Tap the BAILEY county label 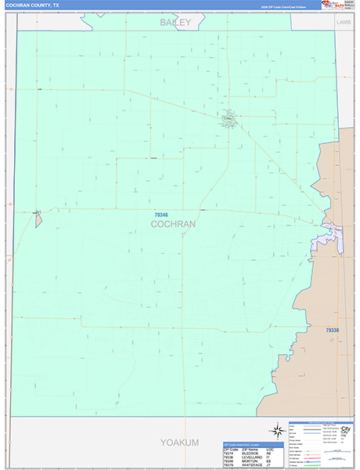pos(176,23)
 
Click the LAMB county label pos(344,23)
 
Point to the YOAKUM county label pos(179,443)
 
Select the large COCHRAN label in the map pos(173,224)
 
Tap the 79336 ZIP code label pos(332,331)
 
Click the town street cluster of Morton pos(229,120)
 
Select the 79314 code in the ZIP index pos(228,453)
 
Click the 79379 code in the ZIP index pos(228,465)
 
